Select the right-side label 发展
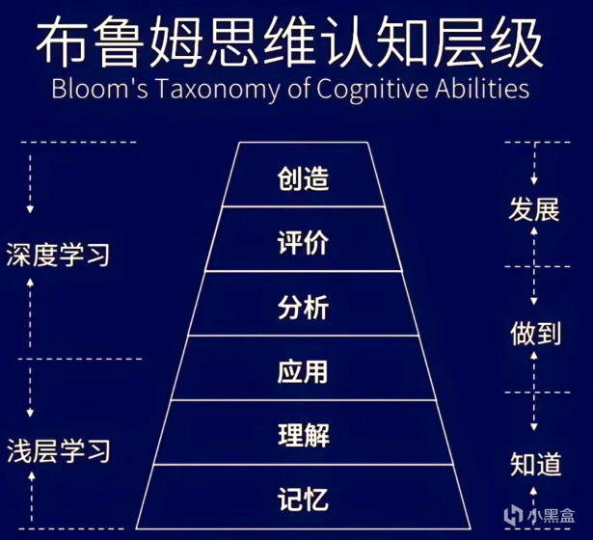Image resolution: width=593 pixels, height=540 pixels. [x=534, y=209]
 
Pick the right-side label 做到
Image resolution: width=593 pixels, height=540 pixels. [x=534, y=333]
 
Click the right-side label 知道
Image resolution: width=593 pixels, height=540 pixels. [x=534, y=465]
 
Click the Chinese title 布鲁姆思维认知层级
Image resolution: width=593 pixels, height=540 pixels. [x=296, y=41]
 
